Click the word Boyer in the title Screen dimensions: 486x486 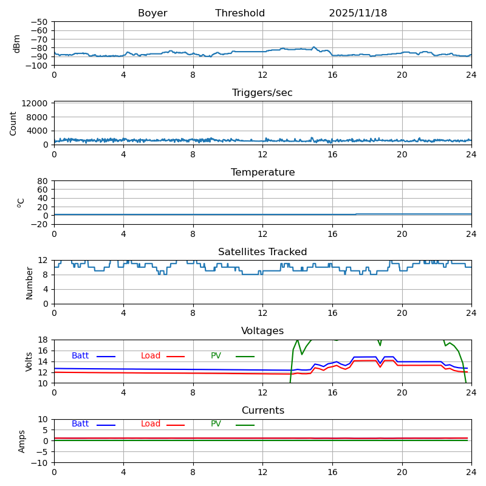[x=152, y=13]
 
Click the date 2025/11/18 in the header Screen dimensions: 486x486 [x=358, y=13]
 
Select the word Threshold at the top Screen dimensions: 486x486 [x=240, y=13]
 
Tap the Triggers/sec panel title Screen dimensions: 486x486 [x=262, y=93]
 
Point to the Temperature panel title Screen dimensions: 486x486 [x=262, y=173]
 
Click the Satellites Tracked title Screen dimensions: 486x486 [x=262, y=252]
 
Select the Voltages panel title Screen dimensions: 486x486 [x=262, y=331]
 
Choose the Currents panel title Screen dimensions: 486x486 [x=262, y=411]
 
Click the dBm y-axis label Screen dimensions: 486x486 [x=17, y=43]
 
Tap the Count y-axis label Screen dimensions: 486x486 [x=14, y=123]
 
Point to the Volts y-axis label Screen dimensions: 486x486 [x=29, y=361]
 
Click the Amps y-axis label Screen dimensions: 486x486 [x=22, y=441]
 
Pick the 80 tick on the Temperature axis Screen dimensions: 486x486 [x=43, y=181]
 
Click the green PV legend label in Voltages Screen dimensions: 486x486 [x=216, y=356]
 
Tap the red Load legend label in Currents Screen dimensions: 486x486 [x=151, y=424]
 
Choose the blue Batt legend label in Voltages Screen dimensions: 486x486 [x=80, y=356]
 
